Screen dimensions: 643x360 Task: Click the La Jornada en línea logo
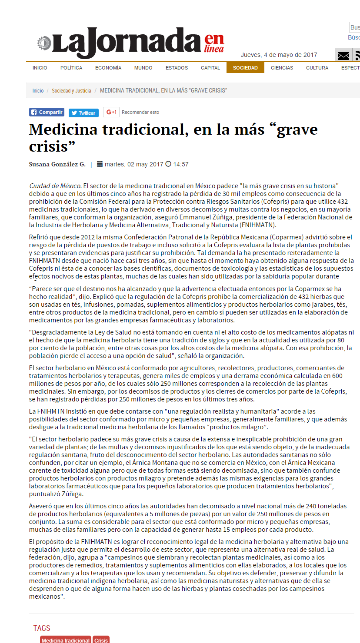[130, 43]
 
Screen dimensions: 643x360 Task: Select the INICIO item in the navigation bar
[40, 68]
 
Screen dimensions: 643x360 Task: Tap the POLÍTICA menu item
[71, 68]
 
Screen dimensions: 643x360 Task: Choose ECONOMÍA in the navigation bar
[108, 68]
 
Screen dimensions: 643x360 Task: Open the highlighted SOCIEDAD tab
[245, 68]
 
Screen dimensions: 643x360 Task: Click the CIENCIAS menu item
[282, 68]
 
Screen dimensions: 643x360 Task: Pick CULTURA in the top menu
[317, 68]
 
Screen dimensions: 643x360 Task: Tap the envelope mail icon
[343, 56]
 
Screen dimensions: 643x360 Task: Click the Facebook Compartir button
[47, 112]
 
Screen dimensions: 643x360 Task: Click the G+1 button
[111, 112]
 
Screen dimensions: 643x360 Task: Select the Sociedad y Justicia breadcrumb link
[71, 91]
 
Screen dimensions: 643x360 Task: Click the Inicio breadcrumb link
[38, 91]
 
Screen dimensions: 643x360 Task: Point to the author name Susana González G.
[57, 164]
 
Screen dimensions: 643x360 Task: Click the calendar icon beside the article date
[100, 164]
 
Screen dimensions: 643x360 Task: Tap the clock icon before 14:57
[168, 164]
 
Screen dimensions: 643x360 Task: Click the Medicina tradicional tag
[66, 640]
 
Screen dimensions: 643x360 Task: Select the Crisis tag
[101, 640]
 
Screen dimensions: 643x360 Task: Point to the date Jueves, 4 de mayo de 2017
[279, 55]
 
